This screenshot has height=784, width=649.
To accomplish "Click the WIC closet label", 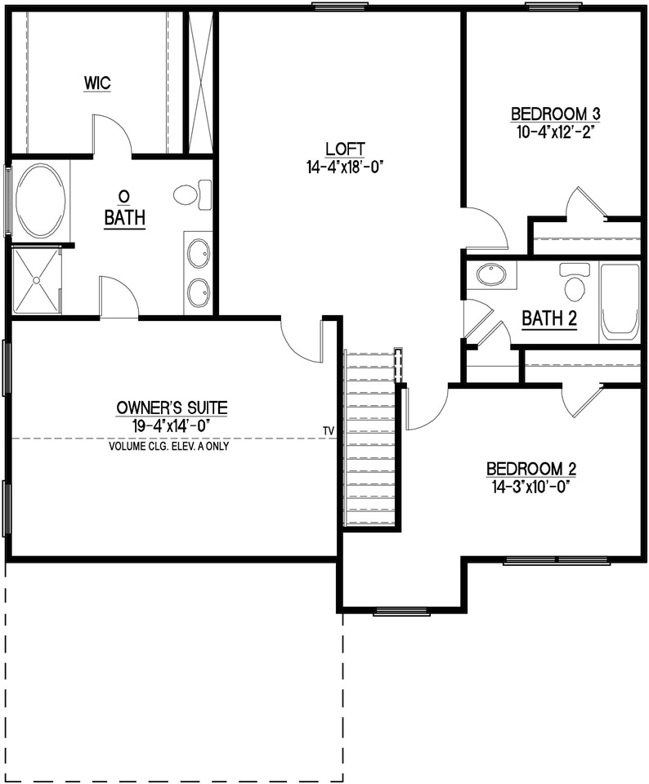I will point(96,82).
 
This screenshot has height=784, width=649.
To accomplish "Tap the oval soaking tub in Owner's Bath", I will point(40,201).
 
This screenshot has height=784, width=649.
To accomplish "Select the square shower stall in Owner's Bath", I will point(37,280).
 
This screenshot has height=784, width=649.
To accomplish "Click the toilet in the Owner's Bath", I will point(190,194).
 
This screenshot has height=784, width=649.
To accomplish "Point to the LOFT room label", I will point(344,149).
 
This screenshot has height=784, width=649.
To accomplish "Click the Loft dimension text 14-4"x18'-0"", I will point(344,167).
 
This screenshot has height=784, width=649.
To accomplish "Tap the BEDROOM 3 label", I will point(551,114).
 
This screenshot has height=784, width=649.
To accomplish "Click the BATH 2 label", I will point(549,318).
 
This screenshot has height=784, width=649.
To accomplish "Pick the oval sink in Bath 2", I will point(490,274).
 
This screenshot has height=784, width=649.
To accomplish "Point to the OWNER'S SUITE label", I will point(172,407).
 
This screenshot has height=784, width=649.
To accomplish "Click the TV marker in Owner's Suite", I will point(329,430).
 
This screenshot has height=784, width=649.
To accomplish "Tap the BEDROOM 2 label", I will point(531,469).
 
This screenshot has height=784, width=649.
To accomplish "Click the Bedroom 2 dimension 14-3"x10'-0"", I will point(531,486).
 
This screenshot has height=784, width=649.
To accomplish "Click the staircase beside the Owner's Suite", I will point(370,441).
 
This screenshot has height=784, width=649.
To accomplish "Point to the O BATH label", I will point(124,209).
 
